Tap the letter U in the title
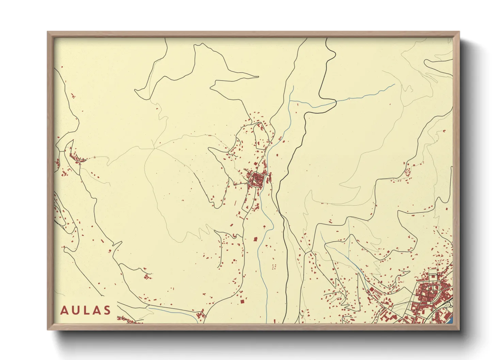[76, 310]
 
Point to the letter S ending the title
[108, 310]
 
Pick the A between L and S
[97, 310]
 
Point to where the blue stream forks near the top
[290, 101]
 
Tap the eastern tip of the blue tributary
[394, 84]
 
